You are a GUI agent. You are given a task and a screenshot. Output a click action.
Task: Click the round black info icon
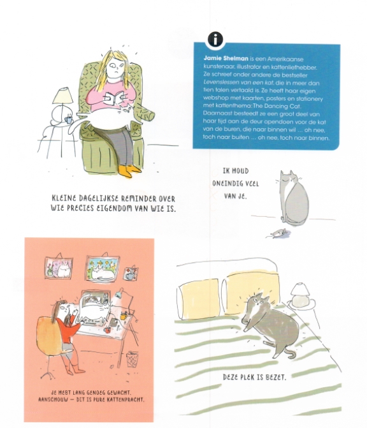tap(215, 40)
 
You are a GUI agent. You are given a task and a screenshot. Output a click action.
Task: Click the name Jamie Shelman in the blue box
tap(226, 59)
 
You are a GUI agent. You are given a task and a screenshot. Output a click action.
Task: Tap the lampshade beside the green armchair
tap(63, 95)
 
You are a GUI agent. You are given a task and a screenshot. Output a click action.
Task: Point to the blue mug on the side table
tap(68, 119)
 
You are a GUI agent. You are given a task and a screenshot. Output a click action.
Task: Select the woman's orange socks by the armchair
tap(129, 170)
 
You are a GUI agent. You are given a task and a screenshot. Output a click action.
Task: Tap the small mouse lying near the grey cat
tap(278, 233)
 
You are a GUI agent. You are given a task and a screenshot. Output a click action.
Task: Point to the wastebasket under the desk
tap(133, 359)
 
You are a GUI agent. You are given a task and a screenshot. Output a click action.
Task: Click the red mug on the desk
tap(108, 330)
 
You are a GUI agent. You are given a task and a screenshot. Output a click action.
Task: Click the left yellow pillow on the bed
tap(199, 299)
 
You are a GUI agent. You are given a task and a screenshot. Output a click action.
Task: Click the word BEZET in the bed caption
tap(275, 378)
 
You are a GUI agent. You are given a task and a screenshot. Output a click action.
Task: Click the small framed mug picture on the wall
tap(131, 274)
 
